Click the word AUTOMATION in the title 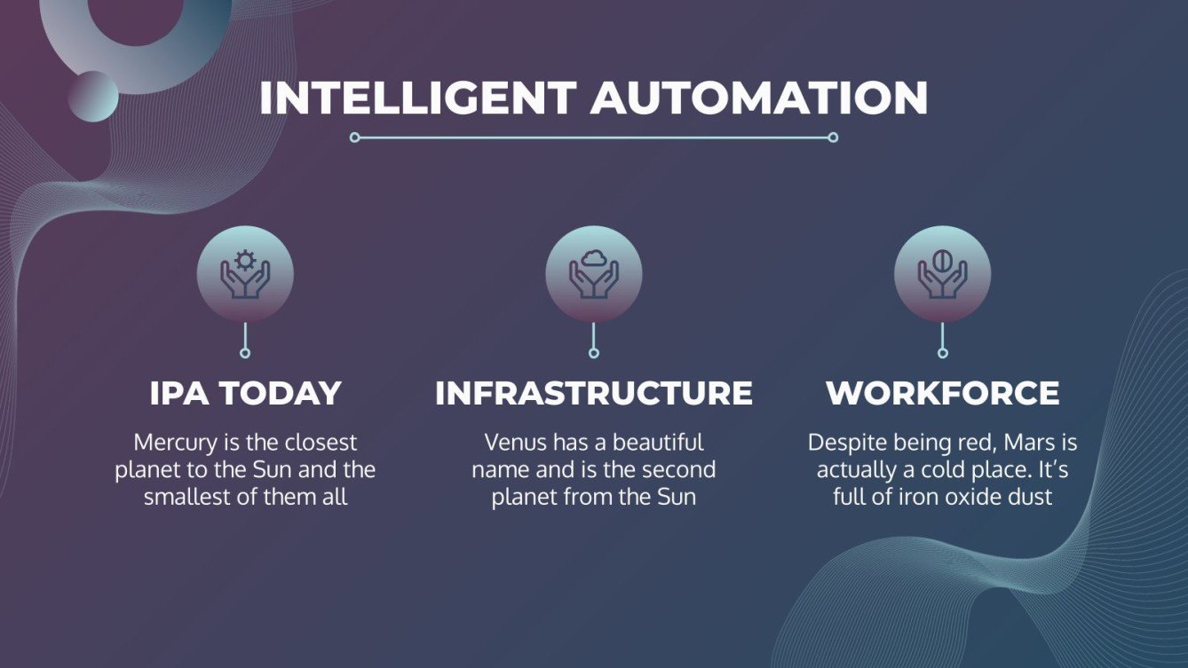(x=759, y=98)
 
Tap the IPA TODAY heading (x=245, y=393)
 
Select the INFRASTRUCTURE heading (x=593, y=393)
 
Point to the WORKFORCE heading (x=942, y=393)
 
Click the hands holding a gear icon (x=245, y=273)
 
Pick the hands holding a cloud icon (x=593, y=273)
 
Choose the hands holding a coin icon (x=942, y=273)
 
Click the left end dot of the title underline (x=355, y=138)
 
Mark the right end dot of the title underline (x=833, y=138)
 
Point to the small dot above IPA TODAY (x=245, y=353)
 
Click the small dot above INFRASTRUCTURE (x=593, y=353)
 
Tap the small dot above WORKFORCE (x=942, y=353)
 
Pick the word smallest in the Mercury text (x=188, y=497)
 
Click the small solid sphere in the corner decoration (x=93, y=96)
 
